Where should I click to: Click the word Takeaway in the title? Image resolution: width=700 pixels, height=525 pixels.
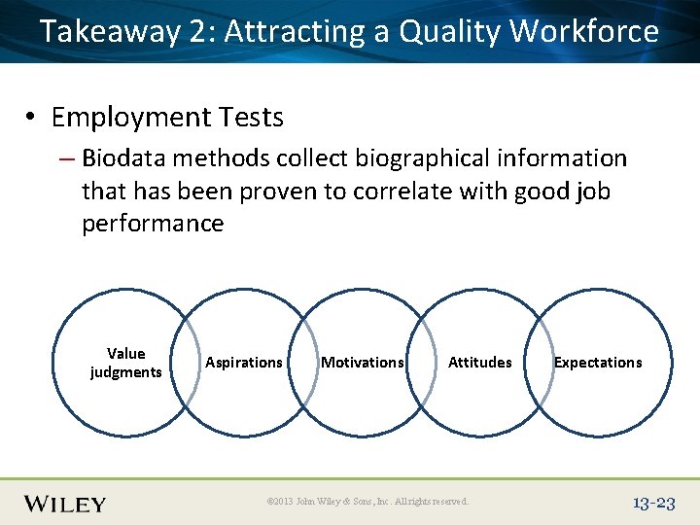tap(111, 32)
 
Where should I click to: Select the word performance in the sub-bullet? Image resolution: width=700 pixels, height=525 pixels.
tap(153, 224)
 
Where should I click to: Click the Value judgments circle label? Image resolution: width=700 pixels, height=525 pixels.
tap(125, 363)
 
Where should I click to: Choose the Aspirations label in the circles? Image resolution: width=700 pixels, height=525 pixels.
tap(243, 363)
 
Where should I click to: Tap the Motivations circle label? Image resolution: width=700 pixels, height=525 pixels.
tap(362, 363)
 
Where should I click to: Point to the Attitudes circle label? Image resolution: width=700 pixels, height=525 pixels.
tap(479, 363)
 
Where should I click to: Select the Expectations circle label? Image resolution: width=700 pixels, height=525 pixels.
tap(597, 363)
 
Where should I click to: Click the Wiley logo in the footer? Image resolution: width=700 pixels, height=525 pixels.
tap(65, 504)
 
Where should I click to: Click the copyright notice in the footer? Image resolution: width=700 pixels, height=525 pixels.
tap(367, 502)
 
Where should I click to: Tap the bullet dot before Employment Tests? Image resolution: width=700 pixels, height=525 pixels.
tap(32, 119)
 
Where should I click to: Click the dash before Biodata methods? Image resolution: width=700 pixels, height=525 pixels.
tap(68, 158)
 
